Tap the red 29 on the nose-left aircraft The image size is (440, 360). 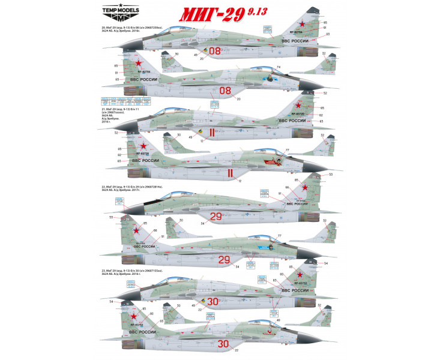(x=216, y=215)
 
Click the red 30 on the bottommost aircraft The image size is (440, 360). (x=223, y=344)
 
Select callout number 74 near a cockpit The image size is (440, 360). (x=279, y=67)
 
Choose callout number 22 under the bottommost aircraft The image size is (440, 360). (x=237, y=350)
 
